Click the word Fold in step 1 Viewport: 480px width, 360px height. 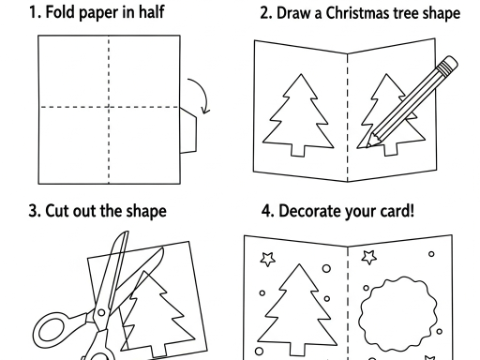60,12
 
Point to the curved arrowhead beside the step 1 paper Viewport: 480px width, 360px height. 205,111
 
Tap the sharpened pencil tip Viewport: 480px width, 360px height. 368,145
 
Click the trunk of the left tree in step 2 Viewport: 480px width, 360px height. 297,151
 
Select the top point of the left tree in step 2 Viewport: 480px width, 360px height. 301,74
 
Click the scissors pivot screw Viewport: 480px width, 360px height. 101,312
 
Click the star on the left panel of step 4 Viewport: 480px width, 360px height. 267,259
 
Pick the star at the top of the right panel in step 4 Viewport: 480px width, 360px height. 369,257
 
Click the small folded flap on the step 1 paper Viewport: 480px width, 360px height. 188,130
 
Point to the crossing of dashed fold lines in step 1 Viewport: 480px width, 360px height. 109,107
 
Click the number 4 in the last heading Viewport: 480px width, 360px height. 266,211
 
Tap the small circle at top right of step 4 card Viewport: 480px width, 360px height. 431,254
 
